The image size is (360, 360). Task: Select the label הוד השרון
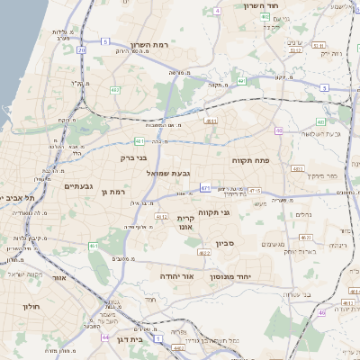[x=264, y=5]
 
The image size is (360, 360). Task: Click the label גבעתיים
[x=80, y=186]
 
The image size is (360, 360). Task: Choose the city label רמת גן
[x=118, y=192]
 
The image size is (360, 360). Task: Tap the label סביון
[x=225, y=243]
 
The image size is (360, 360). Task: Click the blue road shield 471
[x=206, y=188]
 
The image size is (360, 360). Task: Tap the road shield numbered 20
[x=81, y=50]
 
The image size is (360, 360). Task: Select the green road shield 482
[x=115, y=90]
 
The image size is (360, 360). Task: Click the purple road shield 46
[x=320, y=312]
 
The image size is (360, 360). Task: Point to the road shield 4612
[x=161, y=216]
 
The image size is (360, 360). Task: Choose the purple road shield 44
[x=105, y=337]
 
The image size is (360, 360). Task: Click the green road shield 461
[x=139, y=141]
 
